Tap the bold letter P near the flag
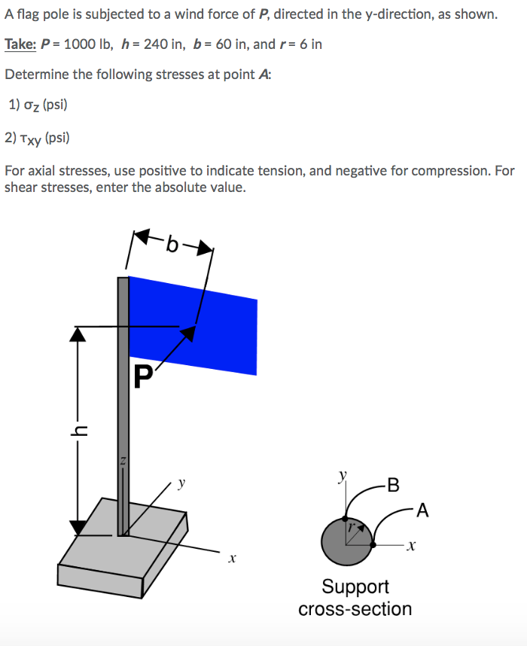point(142,376)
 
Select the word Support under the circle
point(355,586)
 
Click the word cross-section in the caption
point(355,609)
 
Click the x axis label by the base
point(232,559)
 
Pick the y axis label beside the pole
point(180,483)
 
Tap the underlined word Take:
point(20,44)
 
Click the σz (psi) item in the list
point(38,105)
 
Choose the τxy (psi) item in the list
point(38,137)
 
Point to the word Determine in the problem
point(35,75)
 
